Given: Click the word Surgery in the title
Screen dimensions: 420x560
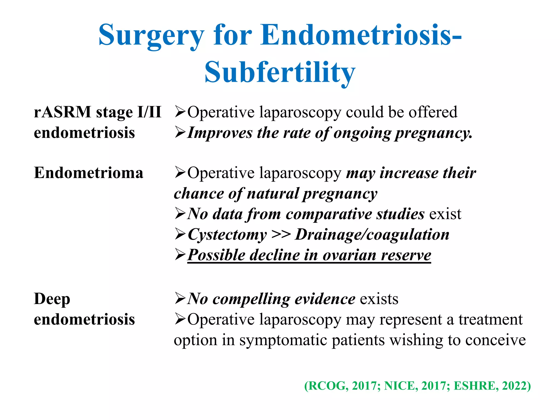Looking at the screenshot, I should pyautogui.click(x=151, y=36).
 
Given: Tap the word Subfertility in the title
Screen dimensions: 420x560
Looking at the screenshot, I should pyautogui.click(x=280, y=72).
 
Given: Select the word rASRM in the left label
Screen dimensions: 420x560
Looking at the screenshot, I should pyautogui.click(x=62, y=112).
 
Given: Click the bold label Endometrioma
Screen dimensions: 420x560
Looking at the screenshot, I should pyautogui.click(x=89, y=173).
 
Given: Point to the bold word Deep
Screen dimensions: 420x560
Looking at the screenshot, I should pyautogui.click(x=52, y=299).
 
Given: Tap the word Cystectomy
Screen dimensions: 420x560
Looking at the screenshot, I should pyautogui.click(x=227, y=235).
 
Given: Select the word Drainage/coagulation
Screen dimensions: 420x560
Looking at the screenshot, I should pyautogui.click(x=372, y=235).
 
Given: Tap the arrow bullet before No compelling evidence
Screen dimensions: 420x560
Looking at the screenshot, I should pyautogui.click(x=180, y=299).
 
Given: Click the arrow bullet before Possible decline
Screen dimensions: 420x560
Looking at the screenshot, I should pyautogui.click(x=180, y=255).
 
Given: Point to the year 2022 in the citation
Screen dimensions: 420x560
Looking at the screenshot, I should pyautogui.click(x=514, y=386).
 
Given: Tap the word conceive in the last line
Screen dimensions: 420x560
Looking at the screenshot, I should pyautogui.click(x=495, y=340).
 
